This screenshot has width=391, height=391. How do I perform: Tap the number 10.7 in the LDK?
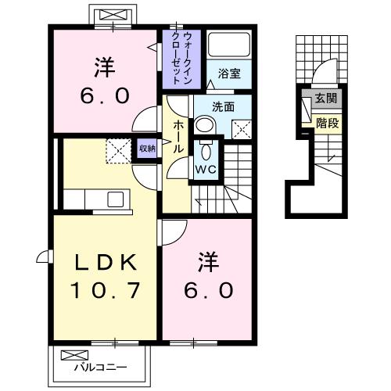[x=106, y=291]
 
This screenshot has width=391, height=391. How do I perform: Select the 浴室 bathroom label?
[x=230, y=75]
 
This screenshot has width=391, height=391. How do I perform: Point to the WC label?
[x=206, y=168]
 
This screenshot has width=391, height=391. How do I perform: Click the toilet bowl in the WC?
[x=206, y=149]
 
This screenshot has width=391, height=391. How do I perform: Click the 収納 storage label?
[x=146, y=147]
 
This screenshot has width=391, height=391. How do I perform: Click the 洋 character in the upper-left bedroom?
[x=102, y=66]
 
